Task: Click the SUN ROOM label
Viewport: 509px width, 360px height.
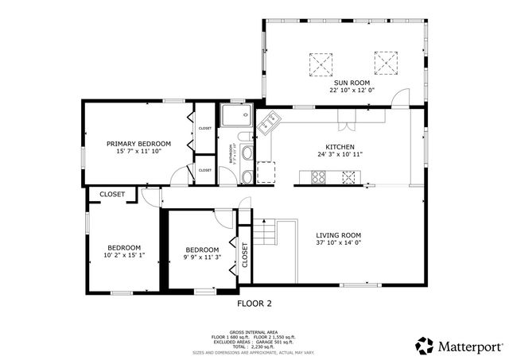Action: [x=352, y=82]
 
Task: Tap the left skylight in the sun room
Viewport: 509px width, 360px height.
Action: [x=321, y=62]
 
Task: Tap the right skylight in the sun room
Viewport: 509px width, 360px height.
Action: [x=386, y=62]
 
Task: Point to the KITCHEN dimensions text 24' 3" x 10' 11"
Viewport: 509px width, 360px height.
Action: [x=340, y=156]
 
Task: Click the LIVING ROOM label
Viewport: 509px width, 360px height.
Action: [x=340, y=234]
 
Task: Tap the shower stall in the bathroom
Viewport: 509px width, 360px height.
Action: [x=235, y=116]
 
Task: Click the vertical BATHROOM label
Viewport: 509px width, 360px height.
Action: [x=232, y=152]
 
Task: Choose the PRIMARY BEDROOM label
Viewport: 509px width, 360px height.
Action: [x=139, y=143]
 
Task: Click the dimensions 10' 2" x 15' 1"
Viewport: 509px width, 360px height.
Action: [x=124, y=256]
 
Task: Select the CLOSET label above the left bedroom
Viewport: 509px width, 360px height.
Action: [x=112, y=194]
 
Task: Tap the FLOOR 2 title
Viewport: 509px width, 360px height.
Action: [x=254, y=303]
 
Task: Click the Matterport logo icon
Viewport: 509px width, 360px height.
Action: [x=425, y=346]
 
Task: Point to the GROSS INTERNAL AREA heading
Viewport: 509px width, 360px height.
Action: [x=254, y=331]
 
